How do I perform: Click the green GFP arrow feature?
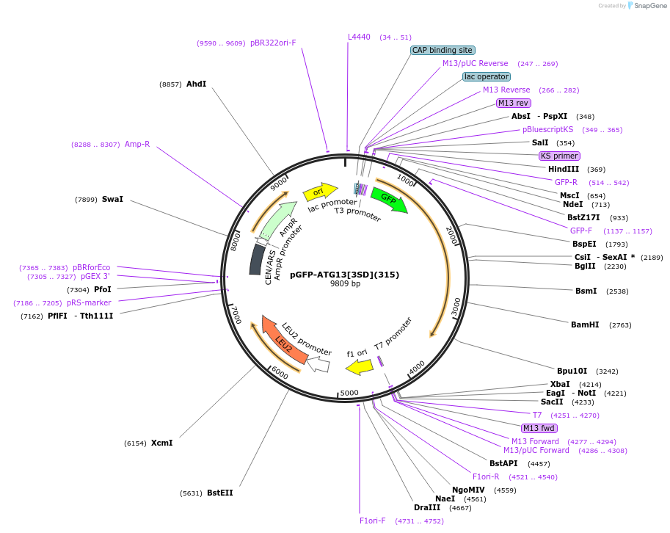(x=388, y=200)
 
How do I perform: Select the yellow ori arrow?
(x=316, y=192)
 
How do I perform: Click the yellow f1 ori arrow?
(x=360, y=366)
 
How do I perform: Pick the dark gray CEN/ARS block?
(x=257, y=260)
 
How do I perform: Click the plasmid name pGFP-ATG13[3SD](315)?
(x=344, y=275)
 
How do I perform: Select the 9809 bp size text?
(x=345, y=284)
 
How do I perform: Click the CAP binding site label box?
(x=442, y=51)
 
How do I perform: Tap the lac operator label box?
(x=487, y=76)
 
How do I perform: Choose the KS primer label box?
(x=559, y=156)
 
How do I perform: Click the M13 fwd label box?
(x=539, y=428)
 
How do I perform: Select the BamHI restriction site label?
(x=585, y=324)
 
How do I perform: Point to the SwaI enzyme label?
(x=112, y=199)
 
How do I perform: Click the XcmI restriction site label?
(x=161, y=443)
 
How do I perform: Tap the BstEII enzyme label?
(x=219, y=493)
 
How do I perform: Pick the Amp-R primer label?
(x=137, y=144)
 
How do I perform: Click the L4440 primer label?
(x=359, y=37)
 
